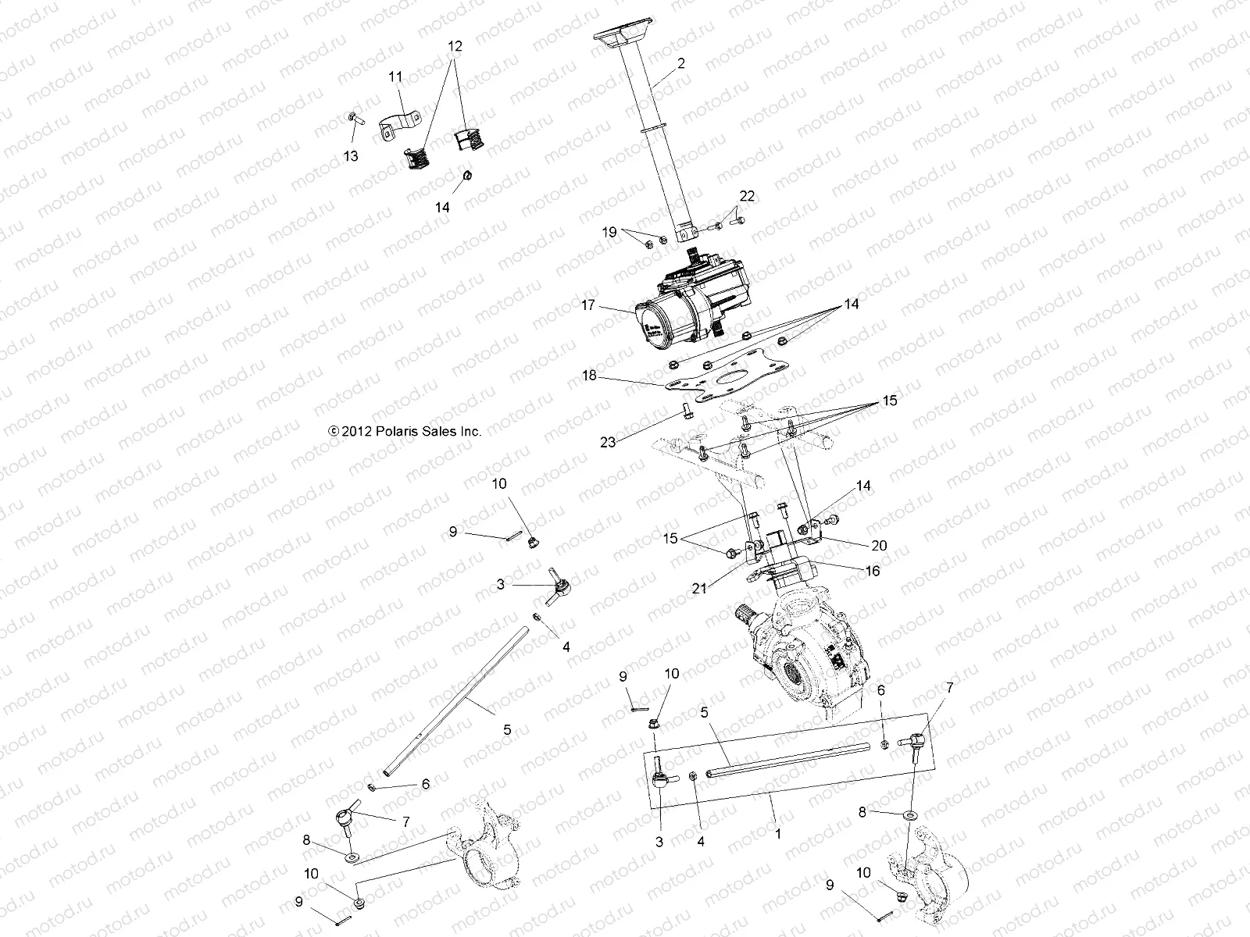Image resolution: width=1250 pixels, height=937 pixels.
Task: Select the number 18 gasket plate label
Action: [x=588, y=376]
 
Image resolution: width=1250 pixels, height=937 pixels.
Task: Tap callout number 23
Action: [x=608, y=442]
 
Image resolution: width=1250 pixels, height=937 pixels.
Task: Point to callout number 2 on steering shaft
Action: [x=681, y=64]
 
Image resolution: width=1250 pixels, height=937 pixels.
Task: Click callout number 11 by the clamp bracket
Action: [x=396, y=77]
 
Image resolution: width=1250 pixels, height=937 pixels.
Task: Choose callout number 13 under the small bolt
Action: [x=351, y=156]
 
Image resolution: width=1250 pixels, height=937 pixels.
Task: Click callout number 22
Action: [x=747, y=196]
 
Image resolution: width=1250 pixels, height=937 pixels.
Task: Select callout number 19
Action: [x=609, y=232]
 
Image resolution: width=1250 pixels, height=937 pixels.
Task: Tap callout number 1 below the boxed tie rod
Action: [x=777, y=834]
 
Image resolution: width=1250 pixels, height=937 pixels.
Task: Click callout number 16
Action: [x=872, y=571]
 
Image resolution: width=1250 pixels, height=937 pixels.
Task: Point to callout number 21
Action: [x=698, y=588]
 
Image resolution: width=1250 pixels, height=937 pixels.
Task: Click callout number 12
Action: [x=455, y=46]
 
